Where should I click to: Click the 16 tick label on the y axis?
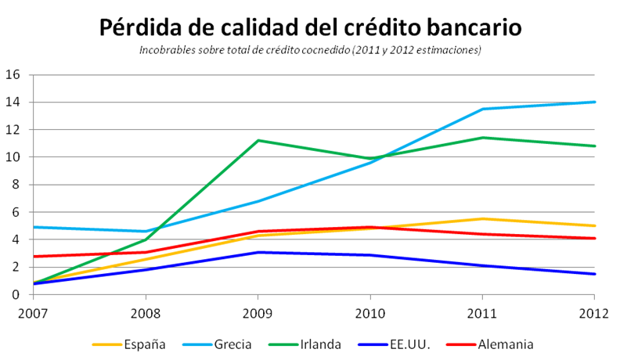pyautogui.click(x=13, y=75)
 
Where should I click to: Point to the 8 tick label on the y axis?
pyautogui.click(x=16, y=185)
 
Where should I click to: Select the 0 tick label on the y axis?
pyautogui.click(x=16, y=294)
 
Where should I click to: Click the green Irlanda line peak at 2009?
pyautogui.click(x=258, y=141)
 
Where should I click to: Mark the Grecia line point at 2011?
pyautogui.click(x=482, y=109)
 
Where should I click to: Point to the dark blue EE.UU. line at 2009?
pyautogui.click(x=258, y=252)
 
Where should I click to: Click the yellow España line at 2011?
pyautogui.click(x=482, y=218)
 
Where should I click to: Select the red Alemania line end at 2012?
pyautogui.click(x=594, y=238)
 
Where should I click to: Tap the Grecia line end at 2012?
pyautogui.click(x=594, y=102)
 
